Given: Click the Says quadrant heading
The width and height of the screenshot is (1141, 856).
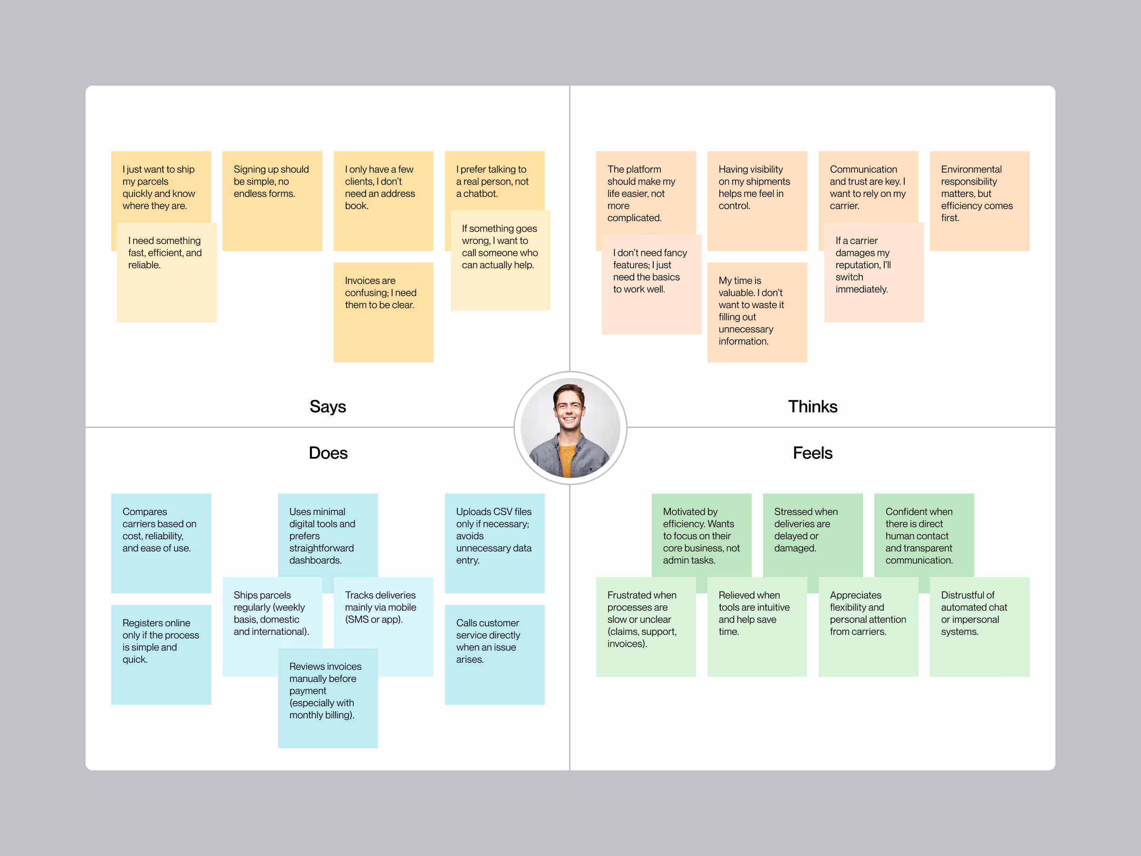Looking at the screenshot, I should tap(328, 407).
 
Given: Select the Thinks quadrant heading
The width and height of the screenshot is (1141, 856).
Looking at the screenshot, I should tap(812, 407).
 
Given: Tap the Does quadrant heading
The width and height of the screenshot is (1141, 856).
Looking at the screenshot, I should tap(328, 453).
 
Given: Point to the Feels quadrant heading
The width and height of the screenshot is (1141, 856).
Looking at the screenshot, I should tap(812, 453).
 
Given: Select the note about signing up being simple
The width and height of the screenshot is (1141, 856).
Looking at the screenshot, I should tap(272, 201).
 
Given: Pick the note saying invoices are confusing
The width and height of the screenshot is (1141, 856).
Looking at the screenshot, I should tap(383, 311).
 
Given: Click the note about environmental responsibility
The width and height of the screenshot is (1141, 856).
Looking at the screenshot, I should tap(979, 201).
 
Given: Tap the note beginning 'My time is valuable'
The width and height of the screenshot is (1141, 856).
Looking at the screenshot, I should tap(757, 311).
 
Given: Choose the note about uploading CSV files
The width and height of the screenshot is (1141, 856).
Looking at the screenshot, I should tap(494, 543).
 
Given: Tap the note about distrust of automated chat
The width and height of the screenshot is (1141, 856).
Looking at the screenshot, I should tap(979, 626).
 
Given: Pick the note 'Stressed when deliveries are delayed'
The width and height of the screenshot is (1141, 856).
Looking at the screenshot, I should tap(812, 534).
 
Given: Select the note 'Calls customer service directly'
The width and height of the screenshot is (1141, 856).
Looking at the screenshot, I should tap(494, 654).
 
